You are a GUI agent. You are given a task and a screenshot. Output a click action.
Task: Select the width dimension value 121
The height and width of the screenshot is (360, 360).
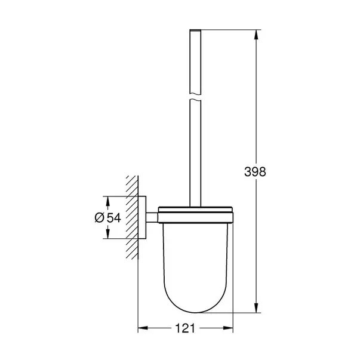point(186,329)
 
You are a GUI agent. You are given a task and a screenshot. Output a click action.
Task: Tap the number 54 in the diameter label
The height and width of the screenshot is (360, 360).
point(114,218)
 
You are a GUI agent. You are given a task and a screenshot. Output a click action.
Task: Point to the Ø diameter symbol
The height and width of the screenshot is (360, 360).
point(100,218)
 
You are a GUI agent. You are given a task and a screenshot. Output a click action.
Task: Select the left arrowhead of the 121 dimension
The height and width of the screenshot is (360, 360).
point(143,329)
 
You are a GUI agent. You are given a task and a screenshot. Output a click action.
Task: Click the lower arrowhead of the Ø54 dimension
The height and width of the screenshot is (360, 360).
point(106,236)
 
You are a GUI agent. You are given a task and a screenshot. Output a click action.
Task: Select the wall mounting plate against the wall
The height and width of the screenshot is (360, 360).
point(143,218)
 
